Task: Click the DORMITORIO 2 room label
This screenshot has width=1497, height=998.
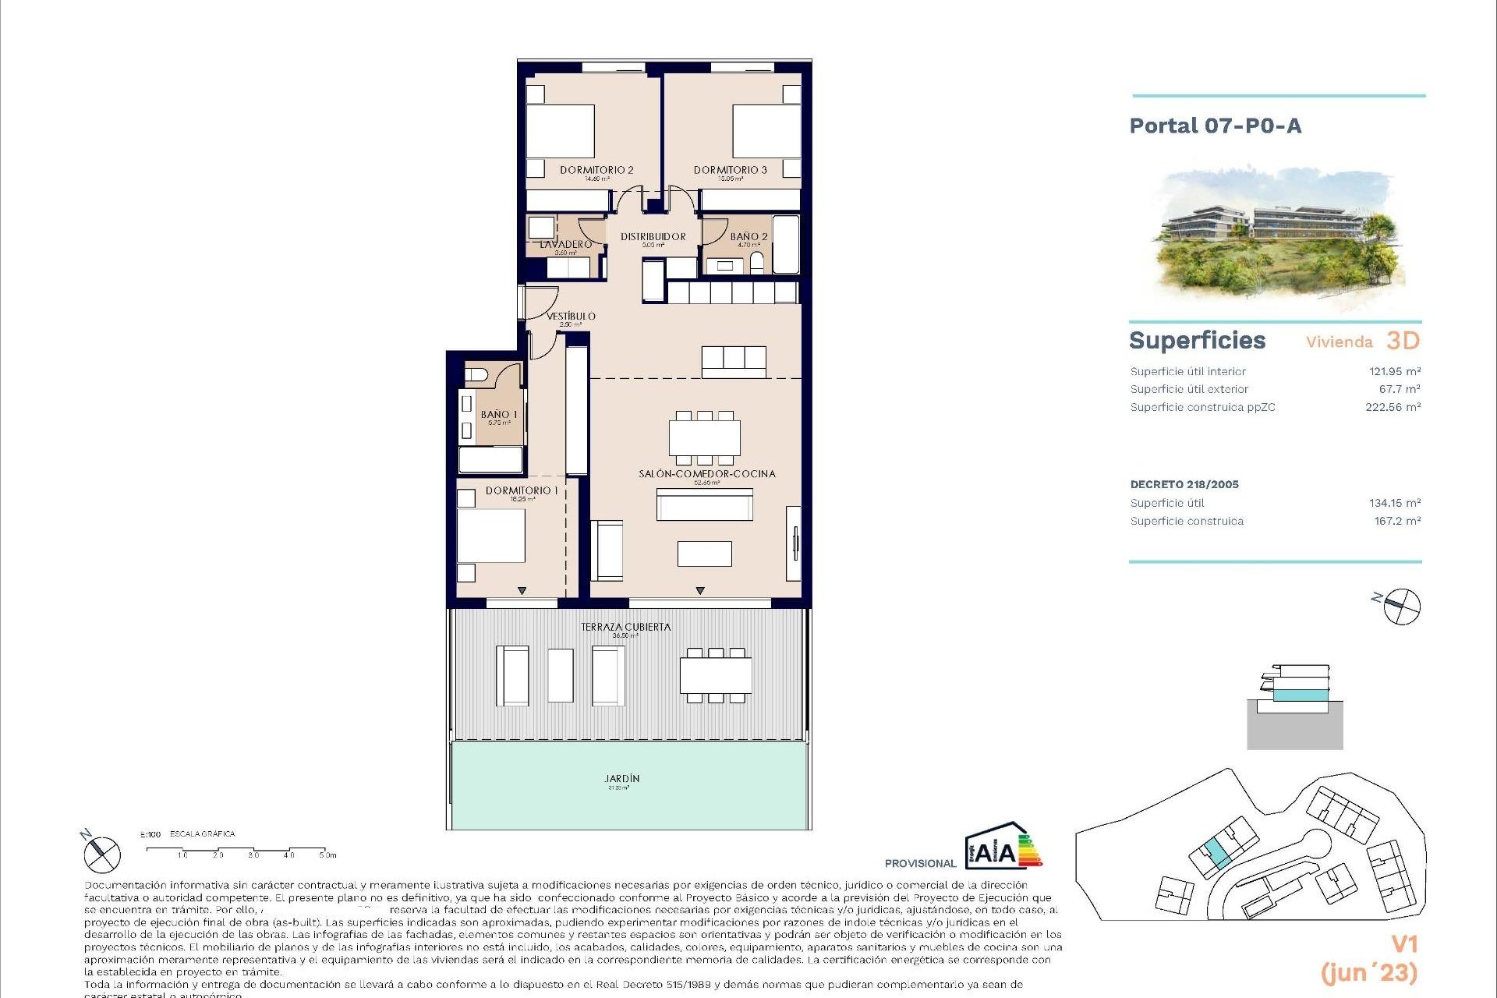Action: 596,170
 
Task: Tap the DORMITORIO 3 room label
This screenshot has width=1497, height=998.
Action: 730,170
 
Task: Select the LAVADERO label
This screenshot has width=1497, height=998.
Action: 566,244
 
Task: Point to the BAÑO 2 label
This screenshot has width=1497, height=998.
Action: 748,236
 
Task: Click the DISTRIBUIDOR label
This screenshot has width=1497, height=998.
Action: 653,236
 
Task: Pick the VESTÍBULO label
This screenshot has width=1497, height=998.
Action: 571,316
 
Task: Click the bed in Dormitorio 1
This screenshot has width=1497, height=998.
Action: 490,535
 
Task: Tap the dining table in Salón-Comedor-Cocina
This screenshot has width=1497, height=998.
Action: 704,438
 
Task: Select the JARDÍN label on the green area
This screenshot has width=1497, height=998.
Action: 621,778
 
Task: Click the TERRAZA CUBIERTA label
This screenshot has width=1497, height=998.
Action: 625,627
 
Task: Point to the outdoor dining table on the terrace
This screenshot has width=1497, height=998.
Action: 715,675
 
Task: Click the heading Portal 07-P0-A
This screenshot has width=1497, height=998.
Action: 1215,126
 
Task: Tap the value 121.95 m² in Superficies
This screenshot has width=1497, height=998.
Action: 1394,372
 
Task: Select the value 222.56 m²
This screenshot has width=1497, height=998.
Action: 1393,407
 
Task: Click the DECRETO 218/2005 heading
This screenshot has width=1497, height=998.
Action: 1184,484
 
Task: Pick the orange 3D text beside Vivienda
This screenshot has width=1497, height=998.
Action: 1403,341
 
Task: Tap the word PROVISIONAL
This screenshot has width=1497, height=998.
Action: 920,863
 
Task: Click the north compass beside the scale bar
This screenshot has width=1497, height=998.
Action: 102,854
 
